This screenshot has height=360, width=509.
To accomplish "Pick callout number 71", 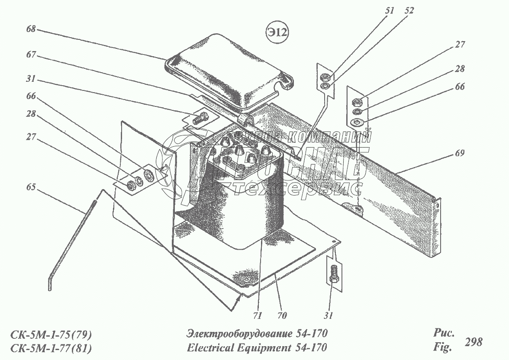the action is tap(258, 315).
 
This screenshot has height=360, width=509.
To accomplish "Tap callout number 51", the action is tap(390, 11).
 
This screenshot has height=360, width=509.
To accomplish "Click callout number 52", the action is tap(409, 11).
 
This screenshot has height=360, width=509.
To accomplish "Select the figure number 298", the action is tap(473, 342).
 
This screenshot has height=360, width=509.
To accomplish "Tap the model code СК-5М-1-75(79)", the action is tap(51, 334).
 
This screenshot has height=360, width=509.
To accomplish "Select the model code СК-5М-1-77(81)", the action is tap(51, 348).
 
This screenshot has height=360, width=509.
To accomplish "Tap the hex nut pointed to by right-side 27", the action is tap(358, 103).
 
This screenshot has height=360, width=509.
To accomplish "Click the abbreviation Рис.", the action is tap(443, 333).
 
